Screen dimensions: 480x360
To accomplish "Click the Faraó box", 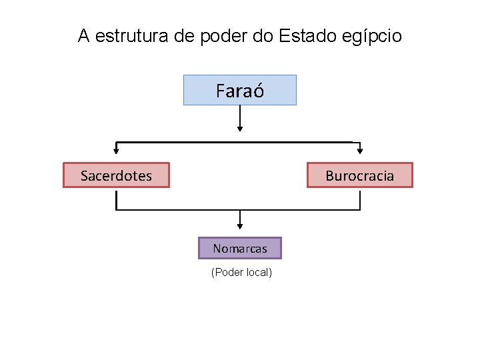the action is coord(240,90).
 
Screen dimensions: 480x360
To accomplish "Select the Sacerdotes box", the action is coord(116,175).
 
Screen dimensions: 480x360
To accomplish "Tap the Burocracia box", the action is coord(359,175).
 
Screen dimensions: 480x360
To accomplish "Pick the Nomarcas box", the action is coord(240,248).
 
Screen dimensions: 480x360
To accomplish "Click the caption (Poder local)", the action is coord(241,272).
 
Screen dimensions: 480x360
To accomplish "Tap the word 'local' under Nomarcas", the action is coord(259,272).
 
